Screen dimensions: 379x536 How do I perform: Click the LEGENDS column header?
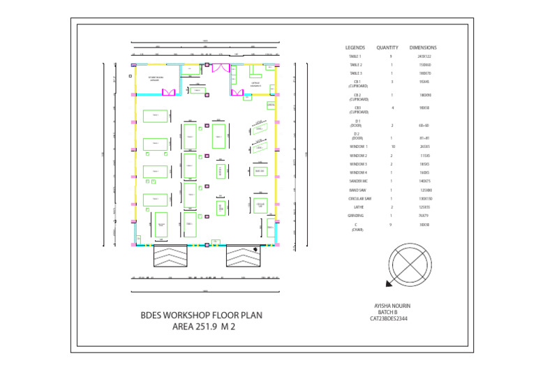(356, 47)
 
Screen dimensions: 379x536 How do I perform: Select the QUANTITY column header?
(387, 47)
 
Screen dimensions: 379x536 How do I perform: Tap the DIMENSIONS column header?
(423, 47)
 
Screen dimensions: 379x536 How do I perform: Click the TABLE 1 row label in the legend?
(356, 56)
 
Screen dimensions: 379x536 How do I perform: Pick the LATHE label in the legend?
(356, 207)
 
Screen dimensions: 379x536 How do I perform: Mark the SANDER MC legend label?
(357, 180)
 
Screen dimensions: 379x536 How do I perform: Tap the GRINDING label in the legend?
(356, 216)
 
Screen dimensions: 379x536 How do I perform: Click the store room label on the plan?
(156, 79)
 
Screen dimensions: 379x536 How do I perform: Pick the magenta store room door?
(168, 91)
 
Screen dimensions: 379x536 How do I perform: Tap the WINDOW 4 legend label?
(357, 172)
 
